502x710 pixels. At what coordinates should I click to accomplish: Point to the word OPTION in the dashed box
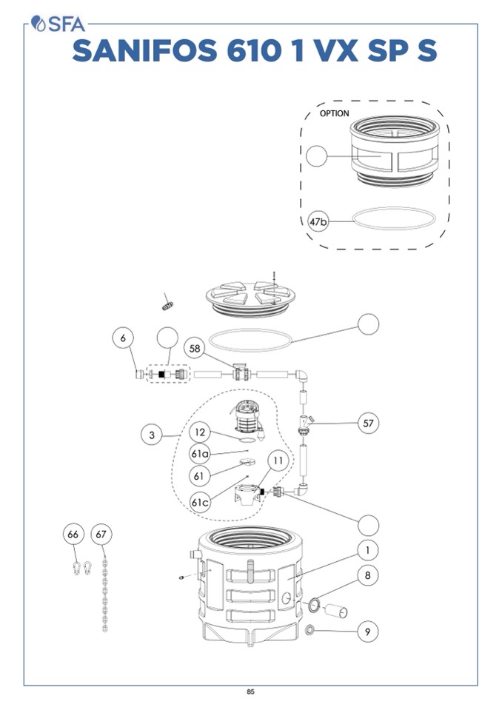(334, 113)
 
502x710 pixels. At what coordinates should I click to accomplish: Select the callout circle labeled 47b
(318, 221)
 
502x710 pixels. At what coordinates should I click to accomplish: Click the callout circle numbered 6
(124, 338)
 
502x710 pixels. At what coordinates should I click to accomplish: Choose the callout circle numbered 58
(195, 348)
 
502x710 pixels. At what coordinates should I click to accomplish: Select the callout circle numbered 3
(152, 435)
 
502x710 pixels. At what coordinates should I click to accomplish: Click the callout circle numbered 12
(200, 432)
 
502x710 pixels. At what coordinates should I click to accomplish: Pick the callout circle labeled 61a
(200, 453)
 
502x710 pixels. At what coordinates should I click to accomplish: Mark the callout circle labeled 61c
(200, 502)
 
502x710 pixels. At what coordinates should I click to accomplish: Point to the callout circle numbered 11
(277, 461)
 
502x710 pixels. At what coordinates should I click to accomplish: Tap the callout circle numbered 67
(101, 534)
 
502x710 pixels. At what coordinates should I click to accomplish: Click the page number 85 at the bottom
(251, 692)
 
